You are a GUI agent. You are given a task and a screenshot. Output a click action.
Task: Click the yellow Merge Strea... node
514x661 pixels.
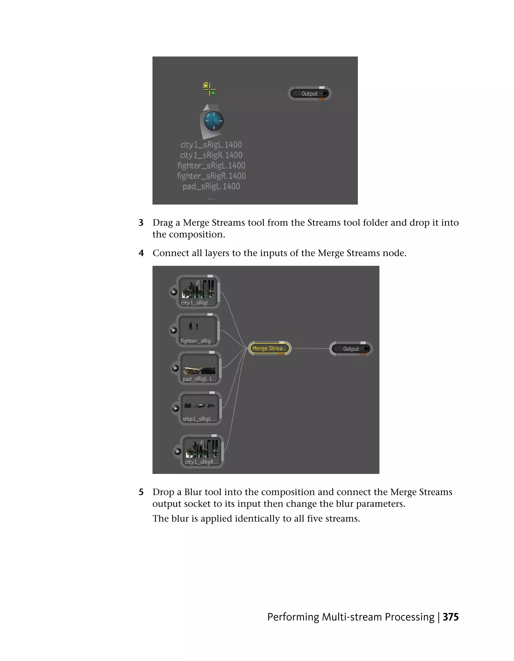point(269,348)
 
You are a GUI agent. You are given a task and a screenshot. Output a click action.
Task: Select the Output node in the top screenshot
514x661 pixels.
point(309,94)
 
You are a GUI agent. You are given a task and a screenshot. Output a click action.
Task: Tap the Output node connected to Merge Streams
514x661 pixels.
point(351,349)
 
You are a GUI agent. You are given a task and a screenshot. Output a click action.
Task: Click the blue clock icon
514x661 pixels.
point(214,121)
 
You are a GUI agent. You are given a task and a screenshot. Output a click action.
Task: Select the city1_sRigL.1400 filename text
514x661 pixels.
point(211,145)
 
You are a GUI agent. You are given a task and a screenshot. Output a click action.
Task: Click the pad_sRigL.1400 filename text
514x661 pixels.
point(211,187)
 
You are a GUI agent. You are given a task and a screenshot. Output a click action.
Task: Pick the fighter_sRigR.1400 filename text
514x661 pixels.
point(211,176)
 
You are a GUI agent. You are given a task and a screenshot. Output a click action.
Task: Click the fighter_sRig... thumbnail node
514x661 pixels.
point(198,330)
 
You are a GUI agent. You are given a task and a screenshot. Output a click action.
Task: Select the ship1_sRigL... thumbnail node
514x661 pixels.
point(200,408)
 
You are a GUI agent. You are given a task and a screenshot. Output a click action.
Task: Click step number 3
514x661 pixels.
point(141,223)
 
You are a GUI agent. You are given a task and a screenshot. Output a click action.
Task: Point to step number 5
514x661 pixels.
point(141,492)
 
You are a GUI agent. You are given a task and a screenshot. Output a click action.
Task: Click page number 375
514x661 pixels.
point(451,617)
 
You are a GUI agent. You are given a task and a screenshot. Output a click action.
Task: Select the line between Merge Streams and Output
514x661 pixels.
point(310,349)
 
